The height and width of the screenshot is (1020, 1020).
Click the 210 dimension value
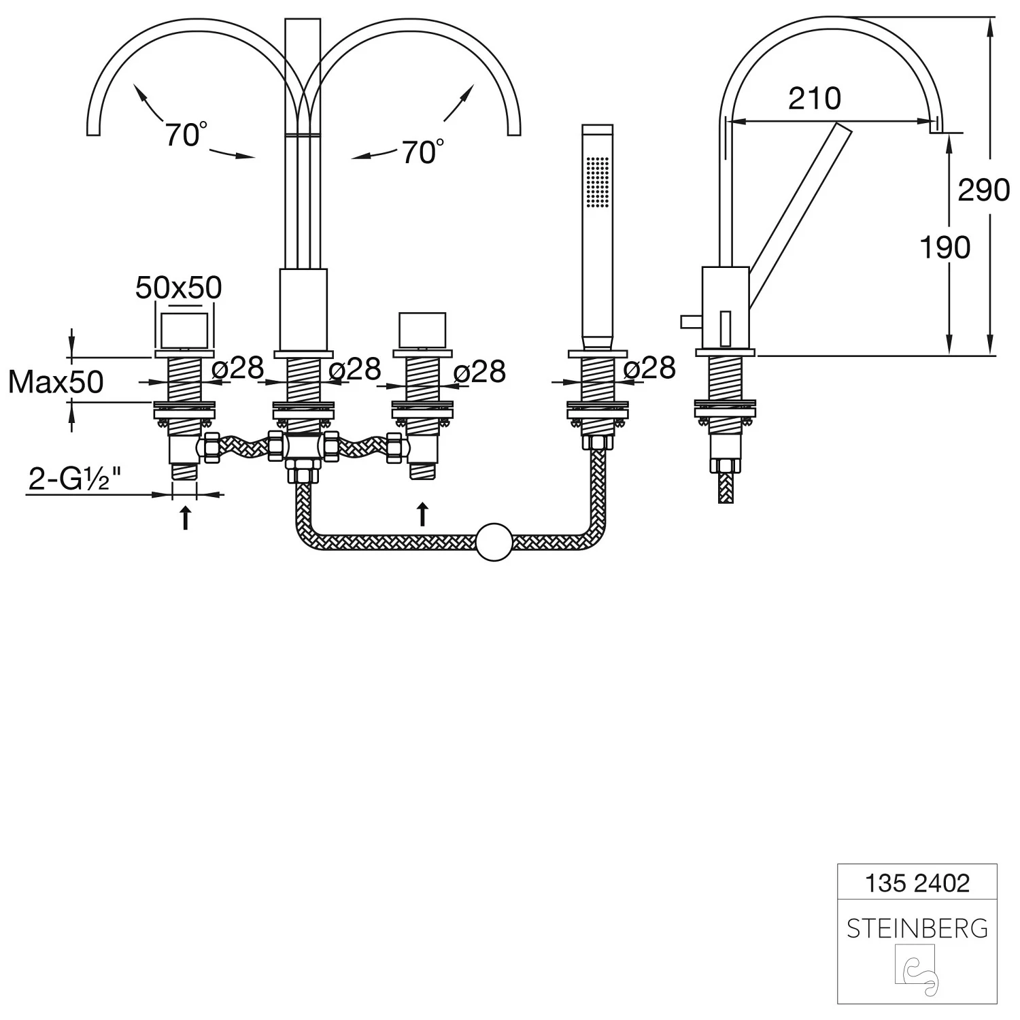tap(814, 99)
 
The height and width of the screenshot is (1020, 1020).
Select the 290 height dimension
tap(983, 190)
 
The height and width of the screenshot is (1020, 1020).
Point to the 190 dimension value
tap(945, 248)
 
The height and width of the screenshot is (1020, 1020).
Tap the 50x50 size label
tap(178, 288)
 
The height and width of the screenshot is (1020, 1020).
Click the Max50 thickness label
tap(56, 383)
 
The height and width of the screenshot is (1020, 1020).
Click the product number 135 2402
tap(917, 883)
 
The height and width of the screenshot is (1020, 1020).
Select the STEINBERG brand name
tap(917, 928)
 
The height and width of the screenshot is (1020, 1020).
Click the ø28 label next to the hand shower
tap(649, 369)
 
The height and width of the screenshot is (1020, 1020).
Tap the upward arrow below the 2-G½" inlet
tap(184, 517)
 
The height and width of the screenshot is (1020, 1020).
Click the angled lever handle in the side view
tap(800, 216)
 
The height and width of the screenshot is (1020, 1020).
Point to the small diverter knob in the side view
tap(690, 322)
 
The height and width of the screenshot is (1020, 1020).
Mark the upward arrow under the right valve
tap(422, 514)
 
